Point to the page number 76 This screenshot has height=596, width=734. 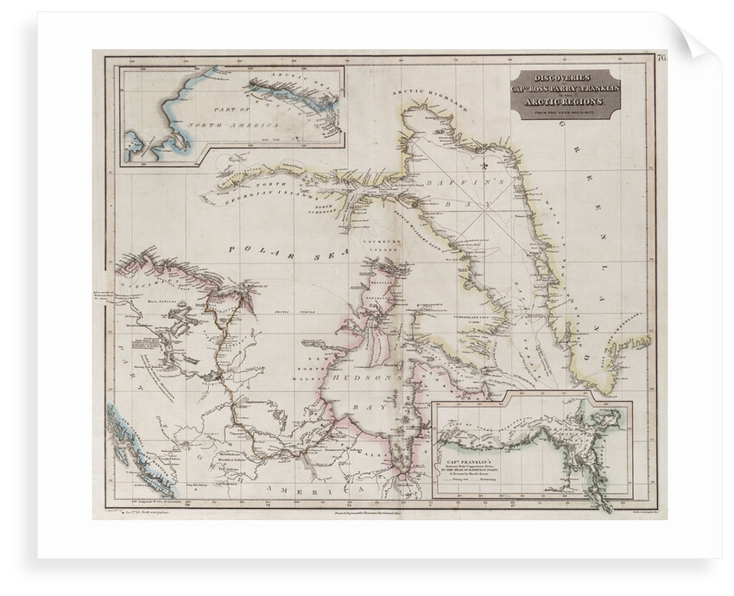click(661, 59)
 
